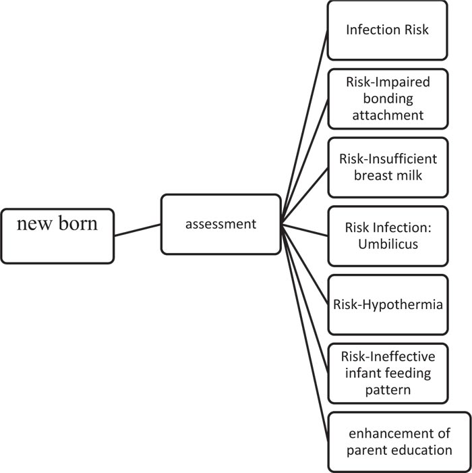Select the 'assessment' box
(220, 225)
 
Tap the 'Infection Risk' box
(387, 30)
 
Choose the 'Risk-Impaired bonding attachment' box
(387, 99)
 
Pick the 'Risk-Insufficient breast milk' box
(387, 167)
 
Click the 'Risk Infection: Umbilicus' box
(387, 235)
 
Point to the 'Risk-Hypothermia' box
(387, 304)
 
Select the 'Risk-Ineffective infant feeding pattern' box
(387, 372)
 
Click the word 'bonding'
(387, 99)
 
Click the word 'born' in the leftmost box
(77, 223)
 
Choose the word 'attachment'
(387, 115)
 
